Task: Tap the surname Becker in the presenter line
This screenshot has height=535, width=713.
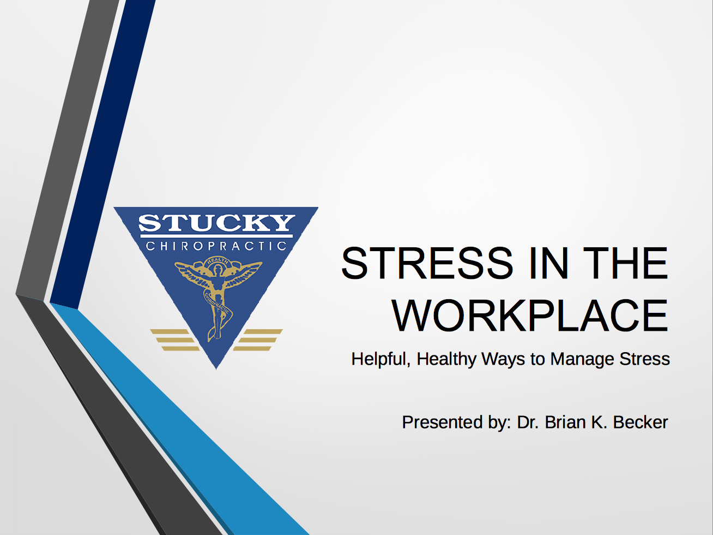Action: [x=641, y=422]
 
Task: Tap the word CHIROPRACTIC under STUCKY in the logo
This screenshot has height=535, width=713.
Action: [x=216, y=246]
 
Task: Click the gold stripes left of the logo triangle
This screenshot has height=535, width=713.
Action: [x=175, y=340]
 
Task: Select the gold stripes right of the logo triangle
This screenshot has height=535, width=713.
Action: [x=258, y=340]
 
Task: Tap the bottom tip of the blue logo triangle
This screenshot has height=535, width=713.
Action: [x=216, y=370]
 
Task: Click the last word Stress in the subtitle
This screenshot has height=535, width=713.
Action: [x=644, y=359]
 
